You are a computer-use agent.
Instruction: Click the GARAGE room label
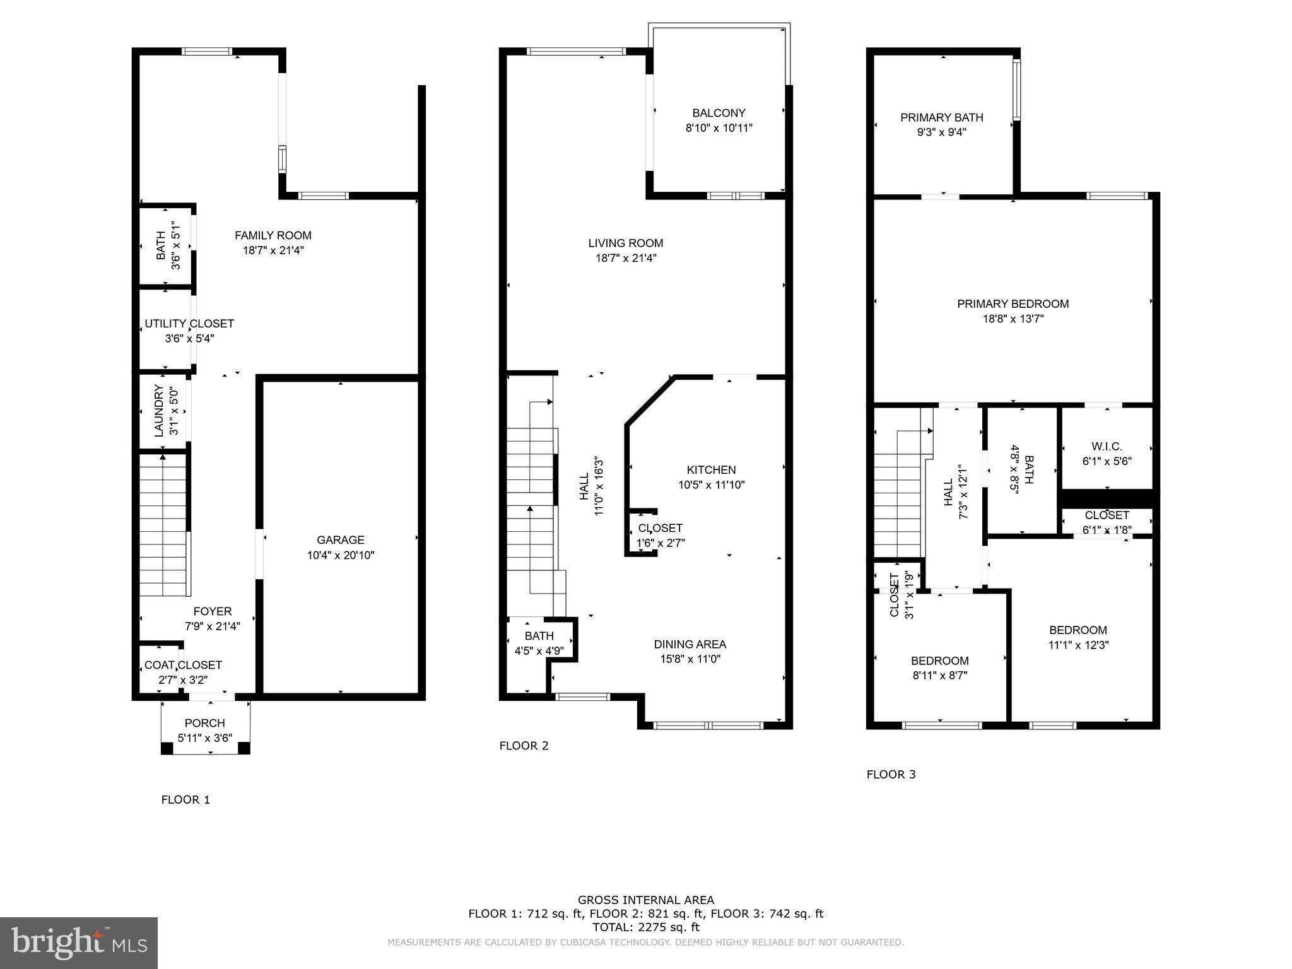tap(340, 540)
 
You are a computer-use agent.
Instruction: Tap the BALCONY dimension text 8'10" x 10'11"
tap(719, 128)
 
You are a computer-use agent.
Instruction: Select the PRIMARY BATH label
tap(941, 117)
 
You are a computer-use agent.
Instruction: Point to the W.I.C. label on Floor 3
tap(1107, 447)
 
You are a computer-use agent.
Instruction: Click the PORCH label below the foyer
tap(204, 723)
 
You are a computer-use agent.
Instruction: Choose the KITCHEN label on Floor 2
tap(711, 470)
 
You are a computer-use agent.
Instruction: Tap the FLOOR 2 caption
tap(524, 746)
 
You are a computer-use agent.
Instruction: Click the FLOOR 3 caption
tap(891, 774)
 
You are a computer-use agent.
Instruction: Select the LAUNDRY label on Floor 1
tap(159, 411)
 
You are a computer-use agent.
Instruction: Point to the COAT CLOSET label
tap(183, 665)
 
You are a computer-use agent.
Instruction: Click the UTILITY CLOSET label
tap(189, 324)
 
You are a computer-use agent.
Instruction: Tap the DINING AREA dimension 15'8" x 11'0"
tap(690, 659)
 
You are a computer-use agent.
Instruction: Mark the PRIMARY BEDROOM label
tap(1013, 304)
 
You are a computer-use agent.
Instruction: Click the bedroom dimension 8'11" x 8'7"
tap(939, 676)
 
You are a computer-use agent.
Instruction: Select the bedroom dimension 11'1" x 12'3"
tap(1078, 645)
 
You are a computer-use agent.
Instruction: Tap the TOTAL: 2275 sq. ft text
tap(645, 927)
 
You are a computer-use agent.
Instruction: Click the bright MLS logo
tap(79, 943)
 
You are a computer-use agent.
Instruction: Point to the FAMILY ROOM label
tap(273, 235)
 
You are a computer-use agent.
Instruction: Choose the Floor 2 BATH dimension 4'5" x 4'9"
tap(539, 650)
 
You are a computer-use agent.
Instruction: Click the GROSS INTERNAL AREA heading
tap(645, 900)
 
